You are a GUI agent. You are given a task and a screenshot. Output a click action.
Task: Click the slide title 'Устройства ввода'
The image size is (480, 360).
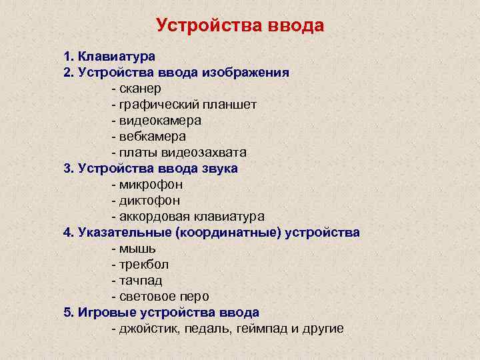click(240, 25)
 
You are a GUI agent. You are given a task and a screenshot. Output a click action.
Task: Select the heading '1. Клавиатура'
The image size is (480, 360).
click(109, 56)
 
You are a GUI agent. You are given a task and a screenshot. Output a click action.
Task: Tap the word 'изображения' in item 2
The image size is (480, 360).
click(249, 72)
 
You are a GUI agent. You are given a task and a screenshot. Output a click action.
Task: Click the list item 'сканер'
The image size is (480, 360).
click(141, 88)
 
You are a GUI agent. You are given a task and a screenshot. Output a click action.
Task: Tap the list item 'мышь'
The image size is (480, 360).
click(137, 249)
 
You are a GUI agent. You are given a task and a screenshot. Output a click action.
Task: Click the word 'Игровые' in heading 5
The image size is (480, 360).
click(107, 313)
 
